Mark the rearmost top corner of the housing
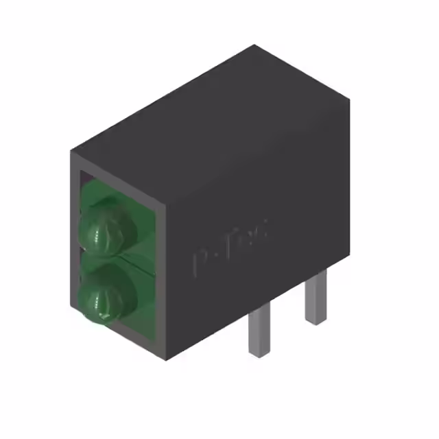tap(255, 46)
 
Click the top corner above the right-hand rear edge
tap(349, 99)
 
